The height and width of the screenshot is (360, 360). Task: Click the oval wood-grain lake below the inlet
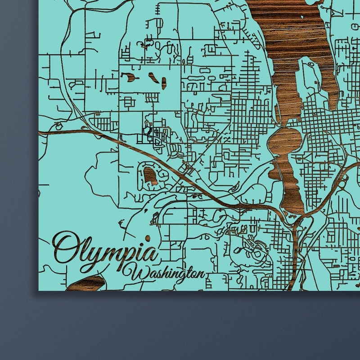pos(284,142)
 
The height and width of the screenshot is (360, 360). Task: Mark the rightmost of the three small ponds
pos(164,83)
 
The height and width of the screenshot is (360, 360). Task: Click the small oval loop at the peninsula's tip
pos(309,65)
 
